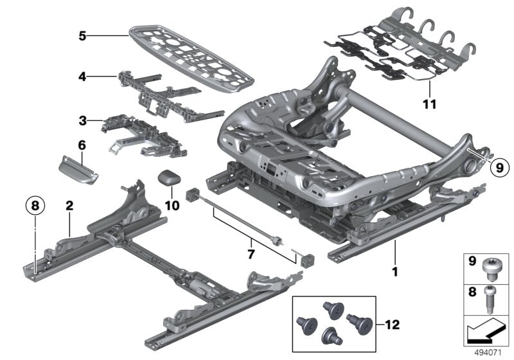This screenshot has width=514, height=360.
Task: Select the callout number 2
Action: click(x=68, y=206)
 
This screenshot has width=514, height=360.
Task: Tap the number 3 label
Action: click(x=82, y=120)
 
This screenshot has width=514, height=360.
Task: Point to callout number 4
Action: click(x=82, y=76)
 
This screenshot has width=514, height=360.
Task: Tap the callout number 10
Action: click(x=170, y=206)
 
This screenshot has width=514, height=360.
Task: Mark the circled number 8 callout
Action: click(x=35, y=206)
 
